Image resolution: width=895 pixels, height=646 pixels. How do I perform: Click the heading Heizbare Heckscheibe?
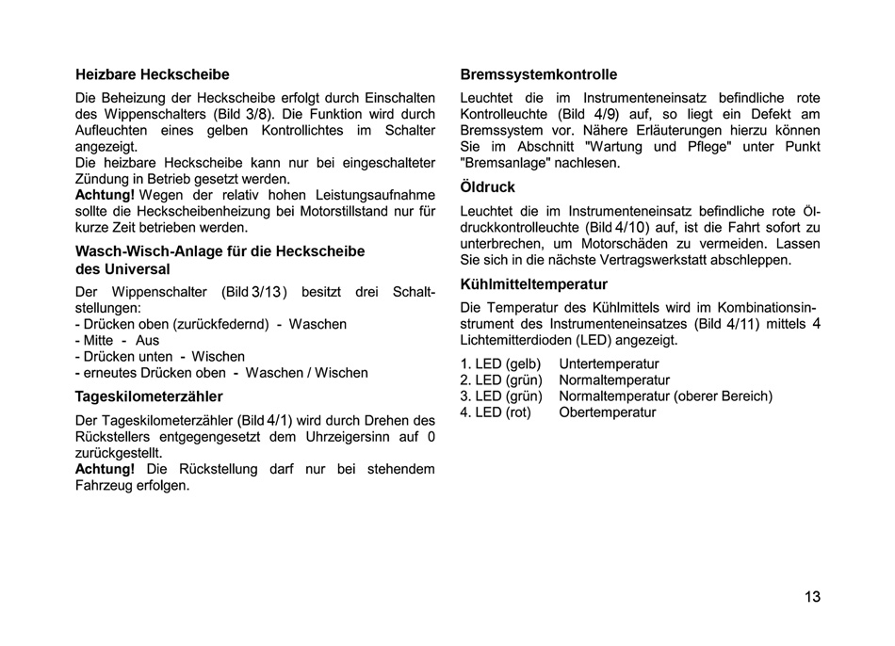pyautogui.click(x=152, y=74)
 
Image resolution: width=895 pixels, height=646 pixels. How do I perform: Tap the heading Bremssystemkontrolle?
pyautogui.click(x=538, y=74)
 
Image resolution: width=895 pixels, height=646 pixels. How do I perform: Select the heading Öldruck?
pyautogui.click(x=487, y=187)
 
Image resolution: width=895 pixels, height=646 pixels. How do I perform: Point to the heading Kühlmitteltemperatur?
pyautogui.click(x=533, y=284)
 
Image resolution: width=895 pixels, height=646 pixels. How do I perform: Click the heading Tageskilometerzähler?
pyautogui.click(x=149, y=396)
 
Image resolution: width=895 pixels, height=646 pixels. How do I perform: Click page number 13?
pyautogui.click(x=812, y=596)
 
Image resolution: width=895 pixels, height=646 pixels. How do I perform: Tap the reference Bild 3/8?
pyautogui.click(x=246, y=114)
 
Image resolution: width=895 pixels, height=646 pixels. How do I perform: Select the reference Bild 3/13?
pyautogui.click(x=254, y=292)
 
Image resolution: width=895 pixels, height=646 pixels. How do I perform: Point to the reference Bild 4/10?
pyautogui.click(x=619, y=227)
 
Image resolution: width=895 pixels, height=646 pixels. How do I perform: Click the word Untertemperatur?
pyautogui.click(x=609, y=364)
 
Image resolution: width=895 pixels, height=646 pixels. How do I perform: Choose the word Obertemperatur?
pyautogui.click(x=607, y=412)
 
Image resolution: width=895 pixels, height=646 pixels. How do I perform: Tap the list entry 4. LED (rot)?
pyautogui.click(x=496, y=412)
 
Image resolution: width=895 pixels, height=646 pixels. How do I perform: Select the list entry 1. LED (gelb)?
pyautogui.click(x=500, y=364)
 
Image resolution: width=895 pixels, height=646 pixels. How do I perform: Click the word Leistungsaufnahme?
pyautogui.click(x=375, y=195)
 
